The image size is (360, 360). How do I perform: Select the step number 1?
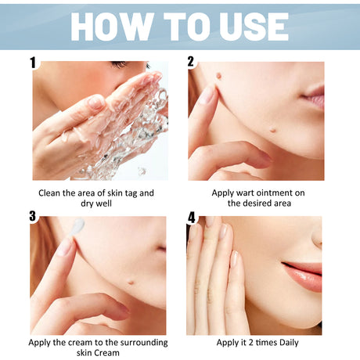(x=33, y=62)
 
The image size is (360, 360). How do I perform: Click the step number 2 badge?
(x=191, y=62)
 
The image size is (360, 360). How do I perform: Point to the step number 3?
(x=33, y=216)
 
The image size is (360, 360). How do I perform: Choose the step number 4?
(x=191, y=217)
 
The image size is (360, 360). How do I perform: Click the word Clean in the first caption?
(x=52, y=192)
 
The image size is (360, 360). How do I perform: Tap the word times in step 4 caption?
(x=257, y=342)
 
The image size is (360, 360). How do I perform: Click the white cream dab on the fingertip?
(x=77, y=226)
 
